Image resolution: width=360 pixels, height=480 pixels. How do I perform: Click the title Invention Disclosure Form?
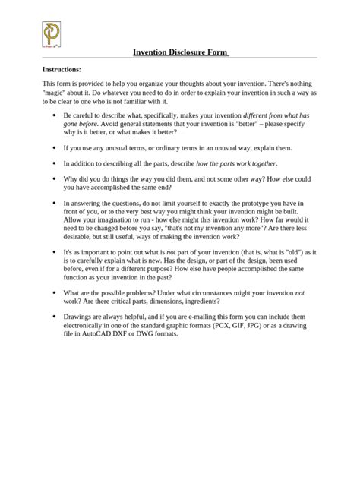point(180,52)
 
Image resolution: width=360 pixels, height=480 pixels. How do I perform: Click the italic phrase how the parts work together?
point(237,163)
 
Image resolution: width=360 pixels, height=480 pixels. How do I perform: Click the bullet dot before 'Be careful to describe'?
point(52,114)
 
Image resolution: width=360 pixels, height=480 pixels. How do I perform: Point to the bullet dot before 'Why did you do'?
point(52,179)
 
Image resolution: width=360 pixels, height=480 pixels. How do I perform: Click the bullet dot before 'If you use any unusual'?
point(52,147)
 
